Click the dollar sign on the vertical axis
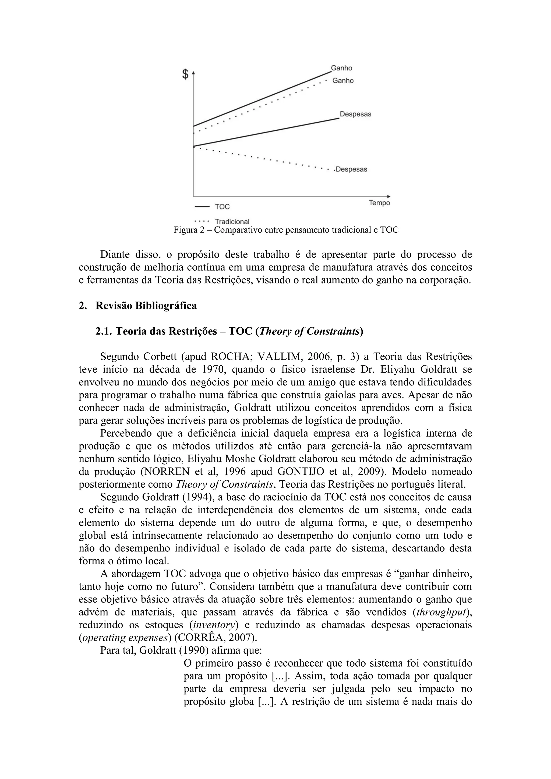pyautogui.click(x=185, y=74)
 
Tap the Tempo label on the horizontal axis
pyautogui.click(x=379, y=203)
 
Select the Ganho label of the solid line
pyautogui.click(x=341, y=68)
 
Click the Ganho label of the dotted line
pyautogui.click(x=343, y=80)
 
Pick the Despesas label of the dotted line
pyautogui.click(x=351, y=169)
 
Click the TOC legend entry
pyautogui.click(x=222, y=206)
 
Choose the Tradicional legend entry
pyautogui.click(x=232, y=222)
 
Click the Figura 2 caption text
pyautogui.click(x=286, y=230)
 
